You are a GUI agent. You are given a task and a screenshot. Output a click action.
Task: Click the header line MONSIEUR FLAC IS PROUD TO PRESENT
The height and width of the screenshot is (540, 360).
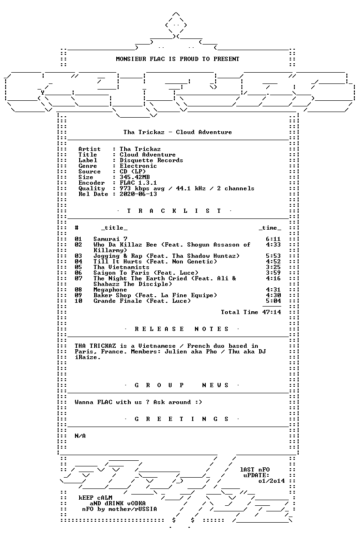(x=177, y=59)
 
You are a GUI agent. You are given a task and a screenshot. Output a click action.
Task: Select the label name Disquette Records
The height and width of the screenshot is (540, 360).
(x=151, y=160)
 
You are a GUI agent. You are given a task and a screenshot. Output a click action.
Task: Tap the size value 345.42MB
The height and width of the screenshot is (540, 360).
(x=135, y=177)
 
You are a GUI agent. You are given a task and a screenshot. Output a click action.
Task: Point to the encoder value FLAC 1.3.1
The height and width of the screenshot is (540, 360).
(x=138, y=183)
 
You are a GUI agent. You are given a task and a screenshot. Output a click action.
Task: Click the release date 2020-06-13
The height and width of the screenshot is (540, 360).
(x=138, y=194)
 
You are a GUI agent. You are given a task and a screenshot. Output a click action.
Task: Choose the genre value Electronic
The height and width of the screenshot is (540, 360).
(x=138, y=166)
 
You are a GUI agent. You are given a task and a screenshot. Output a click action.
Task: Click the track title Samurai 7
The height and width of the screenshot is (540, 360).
(x=110, y=239)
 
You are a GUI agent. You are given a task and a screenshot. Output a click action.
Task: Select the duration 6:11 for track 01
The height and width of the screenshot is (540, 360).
(x=273, y=239)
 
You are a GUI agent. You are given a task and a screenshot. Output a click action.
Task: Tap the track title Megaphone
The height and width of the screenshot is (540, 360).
(x=110, y=290)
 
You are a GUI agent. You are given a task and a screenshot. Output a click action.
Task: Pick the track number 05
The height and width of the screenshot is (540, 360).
(x=78, y=267)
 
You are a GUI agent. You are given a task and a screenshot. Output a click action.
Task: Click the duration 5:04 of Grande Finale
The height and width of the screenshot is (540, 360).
(x=273, y=301)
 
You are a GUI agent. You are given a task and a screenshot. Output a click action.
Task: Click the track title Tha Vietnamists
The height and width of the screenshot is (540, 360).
(x=121, y=267)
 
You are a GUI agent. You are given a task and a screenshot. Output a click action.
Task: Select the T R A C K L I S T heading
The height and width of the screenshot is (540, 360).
(x=174, y=211)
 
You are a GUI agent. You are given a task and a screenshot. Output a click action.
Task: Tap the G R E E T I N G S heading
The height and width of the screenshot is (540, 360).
(x=181, y=419)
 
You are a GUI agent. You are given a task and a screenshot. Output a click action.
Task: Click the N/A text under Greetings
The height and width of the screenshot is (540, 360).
(x=80, y=436)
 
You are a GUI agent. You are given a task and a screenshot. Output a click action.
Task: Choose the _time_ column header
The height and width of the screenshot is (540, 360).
(x=270, y=228)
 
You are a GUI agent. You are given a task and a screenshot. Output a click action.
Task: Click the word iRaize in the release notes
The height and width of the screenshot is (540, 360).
(x=86, y=357)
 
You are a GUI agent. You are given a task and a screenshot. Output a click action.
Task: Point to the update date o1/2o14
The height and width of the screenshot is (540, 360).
(x=271, y=481)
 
